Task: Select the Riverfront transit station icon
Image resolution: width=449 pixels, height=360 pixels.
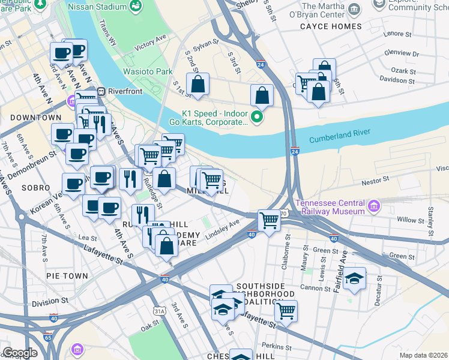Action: click(101, 92)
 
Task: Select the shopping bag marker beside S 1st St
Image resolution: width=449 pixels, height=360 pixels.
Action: click(197, 85)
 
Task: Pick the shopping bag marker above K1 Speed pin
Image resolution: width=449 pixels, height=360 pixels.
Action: click(262, 95)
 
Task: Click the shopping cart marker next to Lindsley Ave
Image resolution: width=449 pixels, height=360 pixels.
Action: click(269, 220)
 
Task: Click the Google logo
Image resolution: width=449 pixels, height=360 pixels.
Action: click(20, 353)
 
